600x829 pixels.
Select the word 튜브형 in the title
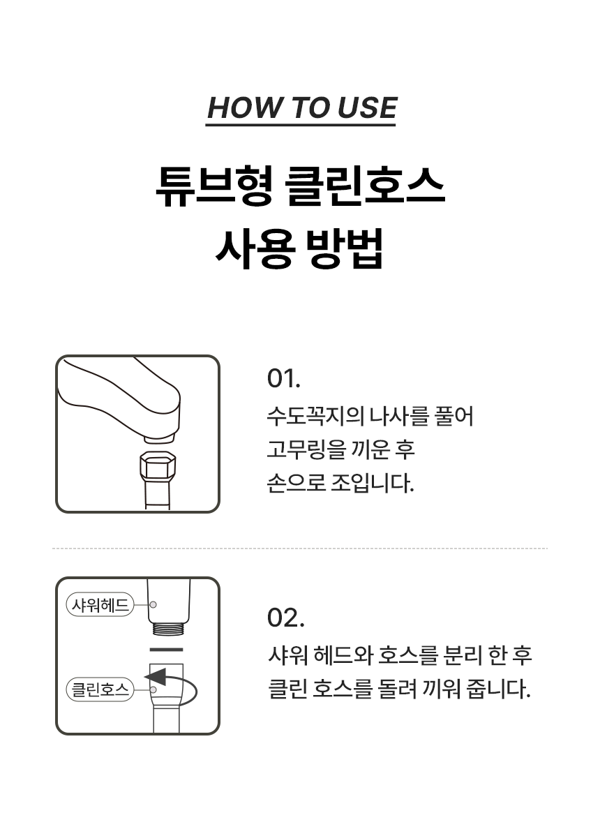point(214,187)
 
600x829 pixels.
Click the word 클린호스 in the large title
point(365,187)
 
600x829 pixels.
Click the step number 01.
point(283,378)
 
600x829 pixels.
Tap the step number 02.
point(285,618)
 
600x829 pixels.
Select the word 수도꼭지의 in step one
point(315,416)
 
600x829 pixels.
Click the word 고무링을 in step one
point(306,449)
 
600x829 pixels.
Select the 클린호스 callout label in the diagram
point(100,689)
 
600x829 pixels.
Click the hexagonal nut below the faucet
point(158,467)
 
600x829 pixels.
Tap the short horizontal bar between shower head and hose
point(167,649)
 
